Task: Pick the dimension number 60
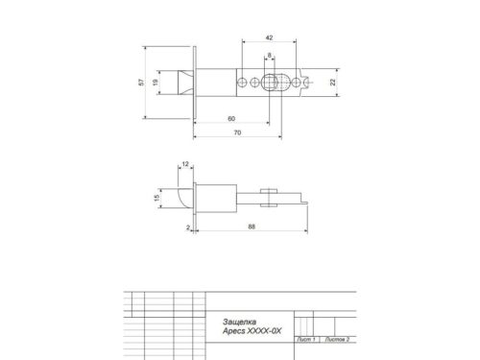[230, 117]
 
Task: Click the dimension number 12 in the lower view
[184, 165]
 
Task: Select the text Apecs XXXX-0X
[245, 331]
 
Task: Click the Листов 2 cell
[338, 340]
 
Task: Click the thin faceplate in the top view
[196, 83]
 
